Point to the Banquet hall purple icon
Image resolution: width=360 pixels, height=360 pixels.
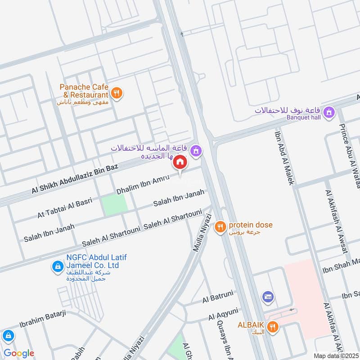pos(330,111)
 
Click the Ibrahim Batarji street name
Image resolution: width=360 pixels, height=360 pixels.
pos(43,319)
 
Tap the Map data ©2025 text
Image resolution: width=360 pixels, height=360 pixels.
pos(335,356)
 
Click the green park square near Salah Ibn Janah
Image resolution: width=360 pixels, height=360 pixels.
pos(114,205)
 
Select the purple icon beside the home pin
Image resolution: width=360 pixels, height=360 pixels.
pos(195,150)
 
